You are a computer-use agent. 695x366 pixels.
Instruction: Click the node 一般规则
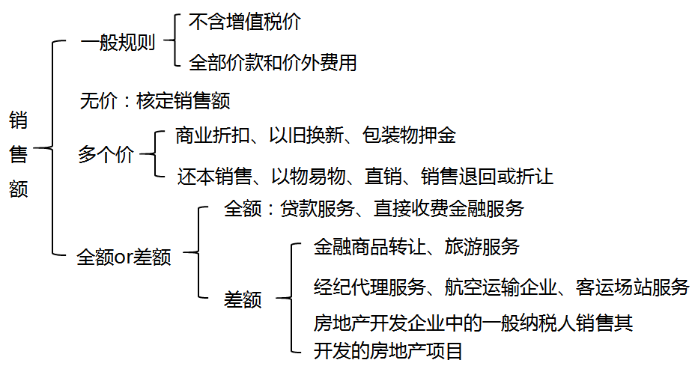point(118,43)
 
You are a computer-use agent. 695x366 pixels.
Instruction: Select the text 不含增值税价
point(244,22)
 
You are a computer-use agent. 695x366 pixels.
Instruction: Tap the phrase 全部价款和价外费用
point(273,63)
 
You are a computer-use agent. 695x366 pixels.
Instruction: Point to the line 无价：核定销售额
point(154,100)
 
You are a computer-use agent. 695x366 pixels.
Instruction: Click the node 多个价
point(106,156)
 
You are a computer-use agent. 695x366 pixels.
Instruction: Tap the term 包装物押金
point(408,135)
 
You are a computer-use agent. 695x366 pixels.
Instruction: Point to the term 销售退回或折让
point(487,177)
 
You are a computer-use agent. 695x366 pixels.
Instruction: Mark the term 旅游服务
point(482,247)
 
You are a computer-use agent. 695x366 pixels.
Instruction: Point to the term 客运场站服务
point(632,286)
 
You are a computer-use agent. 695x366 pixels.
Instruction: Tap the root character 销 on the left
point(19,120)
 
